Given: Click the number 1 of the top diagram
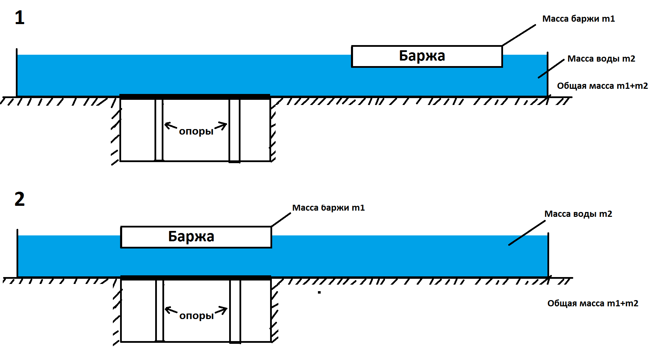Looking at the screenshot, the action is click(20, 18).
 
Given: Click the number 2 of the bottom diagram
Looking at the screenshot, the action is click(20, 199).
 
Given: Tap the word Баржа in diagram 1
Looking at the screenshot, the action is click(422, 56).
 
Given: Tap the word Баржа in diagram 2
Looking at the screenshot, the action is click(191, 236).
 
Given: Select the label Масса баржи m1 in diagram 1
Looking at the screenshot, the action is click(578, 19).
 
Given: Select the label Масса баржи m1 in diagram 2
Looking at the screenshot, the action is click(328, 208).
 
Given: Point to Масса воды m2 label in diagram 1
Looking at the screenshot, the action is click(601, 59).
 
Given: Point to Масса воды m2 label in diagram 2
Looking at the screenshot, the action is click(578, 214).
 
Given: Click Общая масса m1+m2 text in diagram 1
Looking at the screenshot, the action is click(602, 86).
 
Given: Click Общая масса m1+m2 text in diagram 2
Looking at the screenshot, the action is click(592, 303).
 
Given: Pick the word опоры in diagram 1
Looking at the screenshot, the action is click(196, 131).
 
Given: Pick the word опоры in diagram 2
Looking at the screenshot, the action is click(196, 316).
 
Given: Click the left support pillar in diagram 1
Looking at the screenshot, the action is click(159, 130).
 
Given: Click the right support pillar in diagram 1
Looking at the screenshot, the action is click(234, 130).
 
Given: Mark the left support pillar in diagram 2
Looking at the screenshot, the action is click(159, 310).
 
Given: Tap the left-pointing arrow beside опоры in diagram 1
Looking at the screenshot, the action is click(171, 126).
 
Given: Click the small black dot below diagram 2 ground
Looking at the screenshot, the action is click(319, 293).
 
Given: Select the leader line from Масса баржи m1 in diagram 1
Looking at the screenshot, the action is click(519, 35).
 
